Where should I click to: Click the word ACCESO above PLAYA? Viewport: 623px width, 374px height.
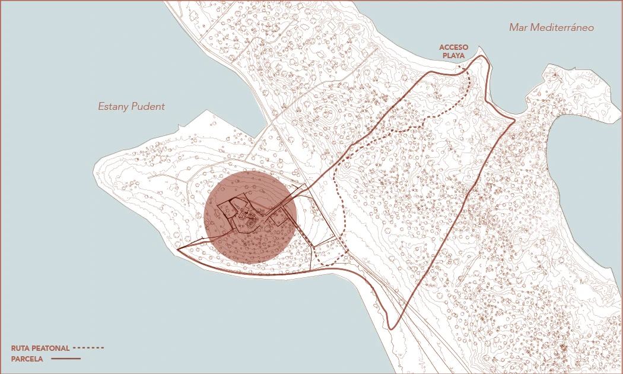coord(454,47)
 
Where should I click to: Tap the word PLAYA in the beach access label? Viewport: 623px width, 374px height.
coord(454,56)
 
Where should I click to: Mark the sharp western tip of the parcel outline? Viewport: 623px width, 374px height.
coord(178,249)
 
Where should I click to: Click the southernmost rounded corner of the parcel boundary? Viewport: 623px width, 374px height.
coord(392,328)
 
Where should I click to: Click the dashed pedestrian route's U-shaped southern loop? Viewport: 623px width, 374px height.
coord(330,262)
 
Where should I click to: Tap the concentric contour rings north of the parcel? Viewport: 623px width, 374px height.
coord(328,114)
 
